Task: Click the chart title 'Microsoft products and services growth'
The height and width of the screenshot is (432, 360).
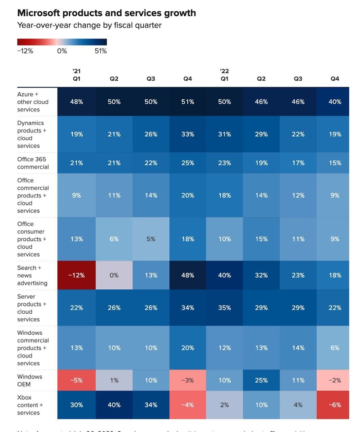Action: pos(107,13)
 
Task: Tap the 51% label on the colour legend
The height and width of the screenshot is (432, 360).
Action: pos(101,51)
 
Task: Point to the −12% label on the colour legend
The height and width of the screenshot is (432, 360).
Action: pos(25,51)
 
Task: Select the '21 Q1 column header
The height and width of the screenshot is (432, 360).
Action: pos(77,75)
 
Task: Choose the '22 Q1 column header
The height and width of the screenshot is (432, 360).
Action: pos(224,75)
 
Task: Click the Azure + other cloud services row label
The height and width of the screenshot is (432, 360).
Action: pos(33,102)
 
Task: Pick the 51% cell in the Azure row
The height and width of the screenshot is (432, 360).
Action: pos(188,102)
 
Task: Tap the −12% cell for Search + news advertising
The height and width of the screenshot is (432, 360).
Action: pos(77,276)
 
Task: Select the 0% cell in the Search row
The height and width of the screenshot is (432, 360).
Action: pos(114,276)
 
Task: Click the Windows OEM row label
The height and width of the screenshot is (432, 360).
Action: pos(30,381)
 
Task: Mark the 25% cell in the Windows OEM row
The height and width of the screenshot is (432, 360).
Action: pos(261,381)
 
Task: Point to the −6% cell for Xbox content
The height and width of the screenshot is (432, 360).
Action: pos(335,405)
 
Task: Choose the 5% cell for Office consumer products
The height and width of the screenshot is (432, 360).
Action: pos(151,239)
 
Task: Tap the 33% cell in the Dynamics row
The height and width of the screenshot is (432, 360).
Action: pos(188,134)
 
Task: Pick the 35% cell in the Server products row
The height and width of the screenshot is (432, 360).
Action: pos(225,308)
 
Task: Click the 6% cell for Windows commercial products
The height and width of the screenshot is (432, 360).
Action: pos(335,348)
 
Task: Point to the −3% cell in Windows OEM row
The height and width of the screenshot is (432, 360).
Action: pos(188,381)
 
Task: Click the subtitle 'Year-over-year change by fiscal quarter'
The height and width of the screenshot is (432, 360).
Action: pos(89,25)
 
